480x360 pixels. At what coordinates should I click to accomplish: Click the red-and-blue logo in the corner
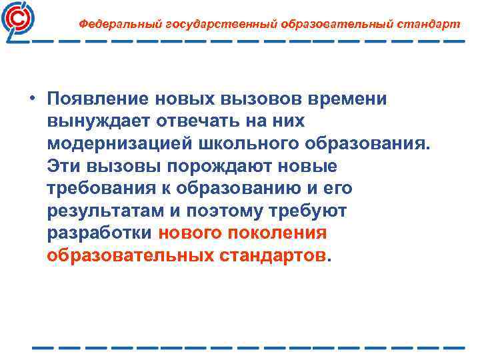coord(20,20)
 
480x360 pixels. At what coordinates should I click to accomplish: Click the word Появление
coord(98,99)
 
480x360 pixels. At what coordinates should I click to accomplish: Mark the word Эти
coord(64,166)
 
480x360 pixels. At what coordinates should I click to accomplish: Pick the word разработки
coord(101,233)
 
